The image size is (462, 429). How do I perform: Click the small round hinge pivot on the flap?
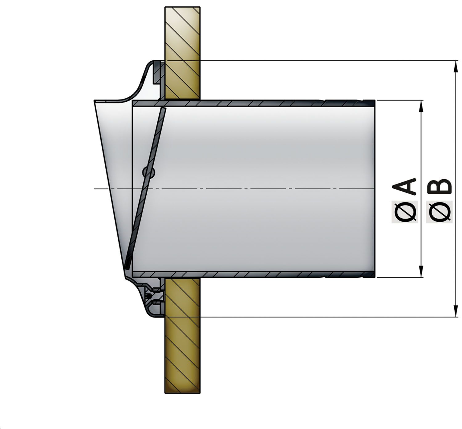point(149,172)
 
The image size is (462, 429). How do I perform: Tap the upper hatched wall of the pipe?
point(246,103)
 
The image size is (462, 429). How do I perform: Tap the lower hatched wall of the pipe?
point(246,274)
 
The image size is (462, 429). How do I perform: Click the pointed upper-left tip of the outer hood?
point(95,101)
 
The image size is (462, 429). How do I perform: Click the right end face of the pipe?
point(374,188)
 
